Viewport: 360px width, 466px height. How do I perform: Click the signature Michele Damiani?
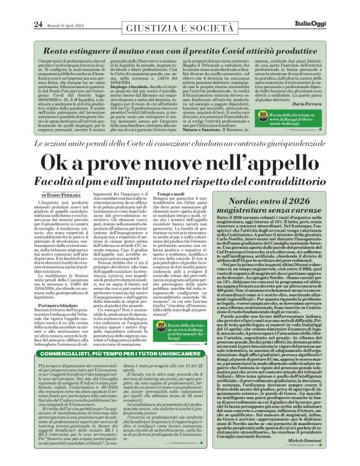tap(323, 457)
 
